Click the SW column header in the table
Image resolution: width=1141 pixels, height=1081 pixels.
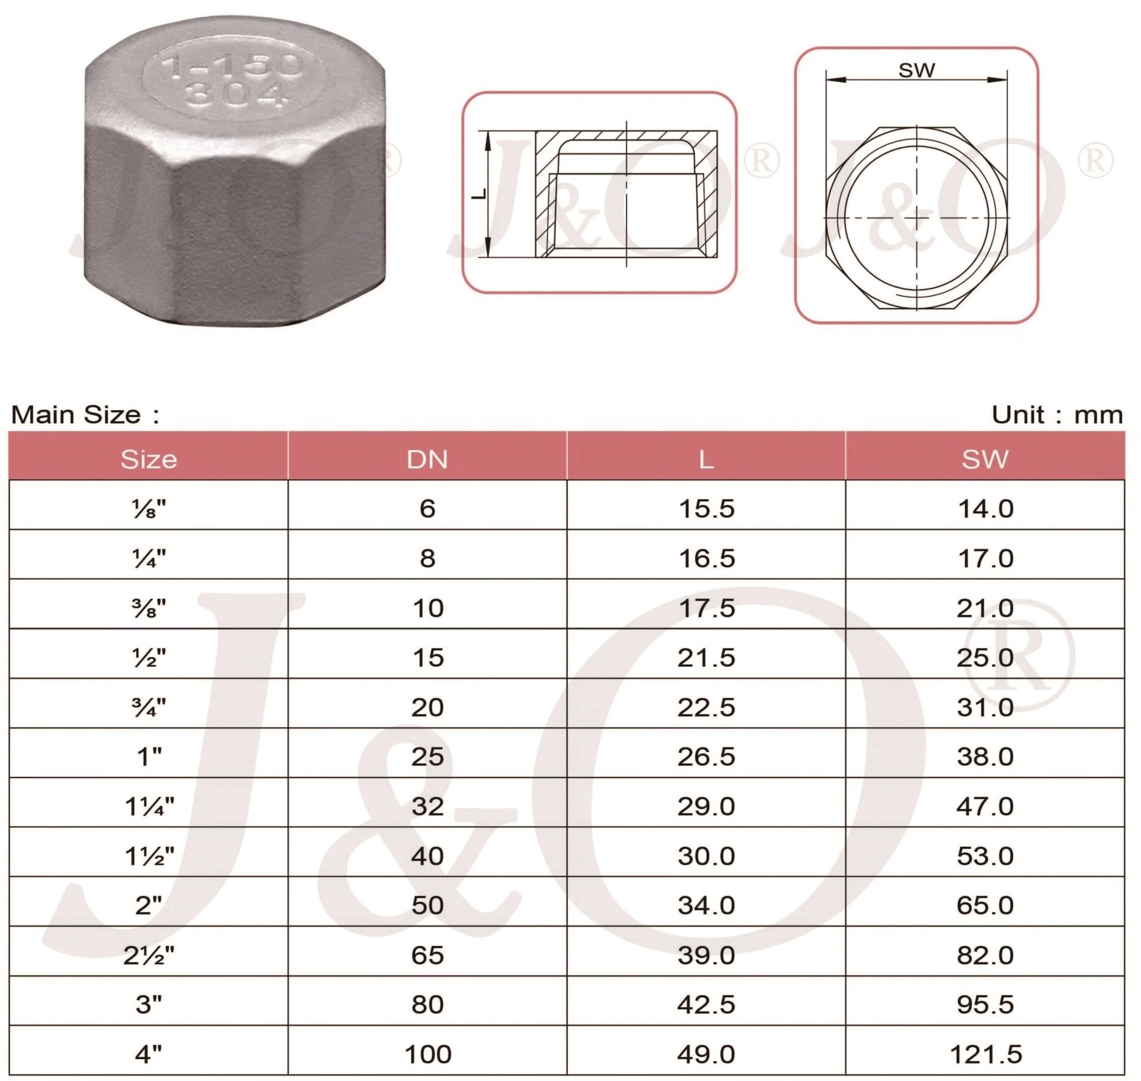[985, 459]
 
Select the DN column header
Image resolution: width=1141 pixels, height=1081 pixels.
[427, 459]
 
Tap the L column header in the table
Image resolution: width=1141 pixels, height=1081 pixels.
[706, 459]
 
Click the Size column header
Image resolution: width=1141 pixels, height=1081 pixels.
[149, 459]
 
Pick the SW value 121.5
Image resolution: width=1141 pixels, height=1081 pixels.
[985, 1054]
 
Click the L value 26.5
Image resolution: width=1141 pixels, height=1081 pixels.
[706, 757]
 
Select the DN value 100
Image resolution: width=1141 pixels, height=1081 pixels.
[427, 1054]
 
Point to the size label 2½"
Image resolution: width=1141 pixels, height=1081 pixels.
[149, 955]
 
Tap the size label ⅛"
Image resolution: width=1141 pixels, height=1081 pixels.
[149, 509]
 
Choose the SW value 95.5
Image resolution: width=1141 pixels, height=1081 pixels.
[985, 1005]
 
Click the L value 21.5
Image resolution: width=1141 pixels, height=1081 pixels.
[706, 657]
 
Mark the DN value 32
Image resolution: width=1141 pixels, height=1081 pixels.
[427, 806]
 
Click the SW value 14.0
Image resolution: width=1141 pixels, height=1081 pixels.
[985, 509]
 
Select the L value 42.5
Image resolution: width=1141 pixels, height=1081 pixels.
[706, 1005]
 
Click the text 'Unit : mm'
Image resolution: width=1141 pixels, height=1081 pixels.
[1057, 415]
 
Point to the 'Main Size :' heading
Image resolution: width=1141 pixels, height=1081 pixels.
[85, 415]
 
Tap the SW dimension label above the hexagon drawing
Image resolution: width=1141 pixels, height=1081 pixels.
[916, 70]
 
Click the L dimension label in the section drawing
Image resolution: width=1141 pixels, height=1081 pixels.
[479, 194]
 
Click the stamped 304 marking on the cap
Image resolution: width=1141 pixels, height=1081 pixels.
[236, 96]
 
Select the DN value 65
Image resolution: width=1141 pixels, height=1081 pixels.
[427, 955]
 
